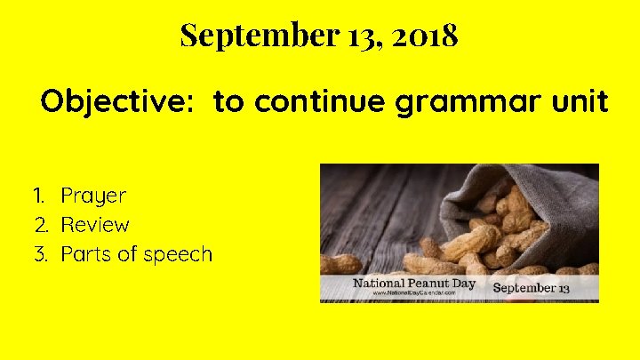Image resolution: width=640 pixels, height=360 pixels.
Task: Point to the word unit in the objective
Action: [x=583, y=102]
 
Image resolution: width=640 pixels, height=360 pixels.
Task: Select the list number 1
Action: [x=38, y=196]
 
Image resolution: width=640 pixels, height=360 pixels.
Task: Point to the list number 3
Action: [x=40, y=255]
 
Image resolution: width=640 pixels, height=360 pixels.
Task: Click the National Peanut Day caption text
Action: [x=414, y=284]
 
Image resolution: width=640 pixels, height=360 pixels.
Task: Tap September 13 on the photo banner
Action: [x=532, y=288]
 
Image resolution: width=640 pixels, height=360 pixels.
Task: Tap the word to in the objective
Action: [x=228, y=102]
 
